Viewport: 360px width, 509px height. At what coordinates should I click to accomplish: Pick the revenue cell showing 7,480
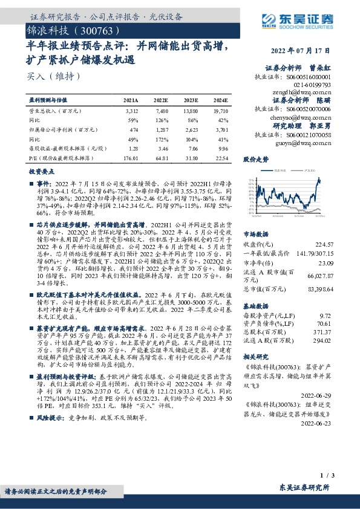pos(161,112)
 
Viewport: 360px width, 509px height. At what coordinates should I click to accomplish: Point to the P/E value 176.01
pos(131,159)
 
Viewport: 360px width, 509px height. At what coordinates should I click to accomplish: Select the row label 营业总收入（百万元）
pos(55,112)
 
